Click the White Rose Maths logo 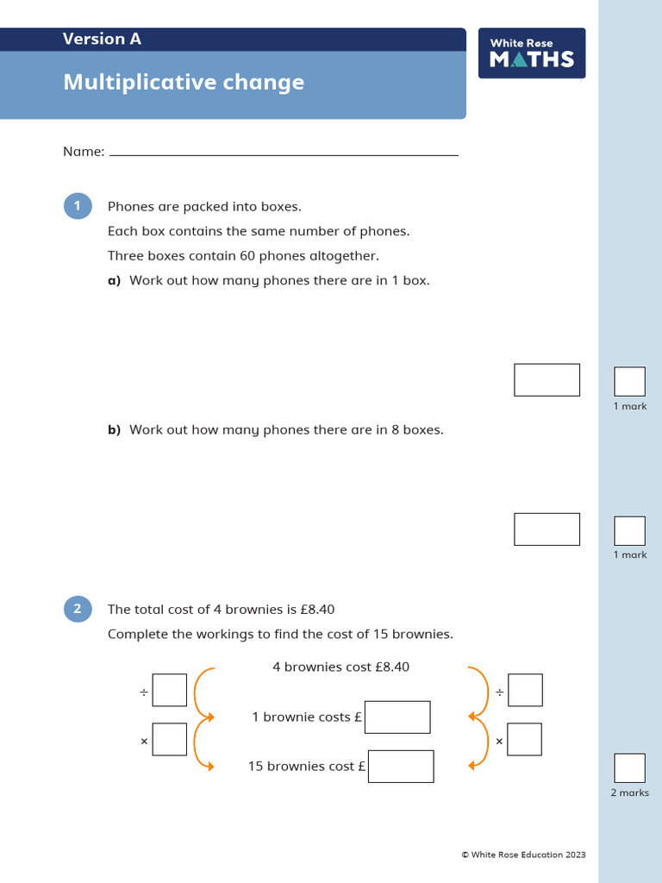pyautogui.click(x=532, y=53)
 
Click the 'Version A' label pyautogui.click(x=102, y=39)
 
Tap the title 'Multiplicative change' pyautogui.click(x=184, y=83)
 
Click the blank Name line pyautogui.click(x=284, y=153)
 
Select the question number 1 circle pyautogui.click(x=78, y=206)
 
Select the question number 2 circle pyautogui.click(x=78, y=610)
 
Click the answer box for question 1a pyautogui.click(x=546, y=379)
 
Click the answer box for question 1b pyautogui.click(x=546, y=529)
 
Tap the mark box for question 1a pyautogui.click(x=629, y=382)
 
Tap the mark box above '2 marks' pyautogui.click(x=629, y=768)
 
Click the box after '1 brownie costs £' pyautogui.click(x=397, y=717)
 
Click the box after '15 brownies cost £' pyautogui.click(x=401, y=766)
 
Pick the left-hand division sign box pyautogui.click(x=170, y=690)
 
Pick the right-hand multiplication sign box pyautogui.click(x=525, y=739)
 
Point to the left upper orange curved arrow pyautogui.click(x=202, y=692)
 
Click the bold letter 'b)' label pyautogui.click(x=114, y=429)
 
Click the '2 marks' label pyautogui.click(x=629, y=792)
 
